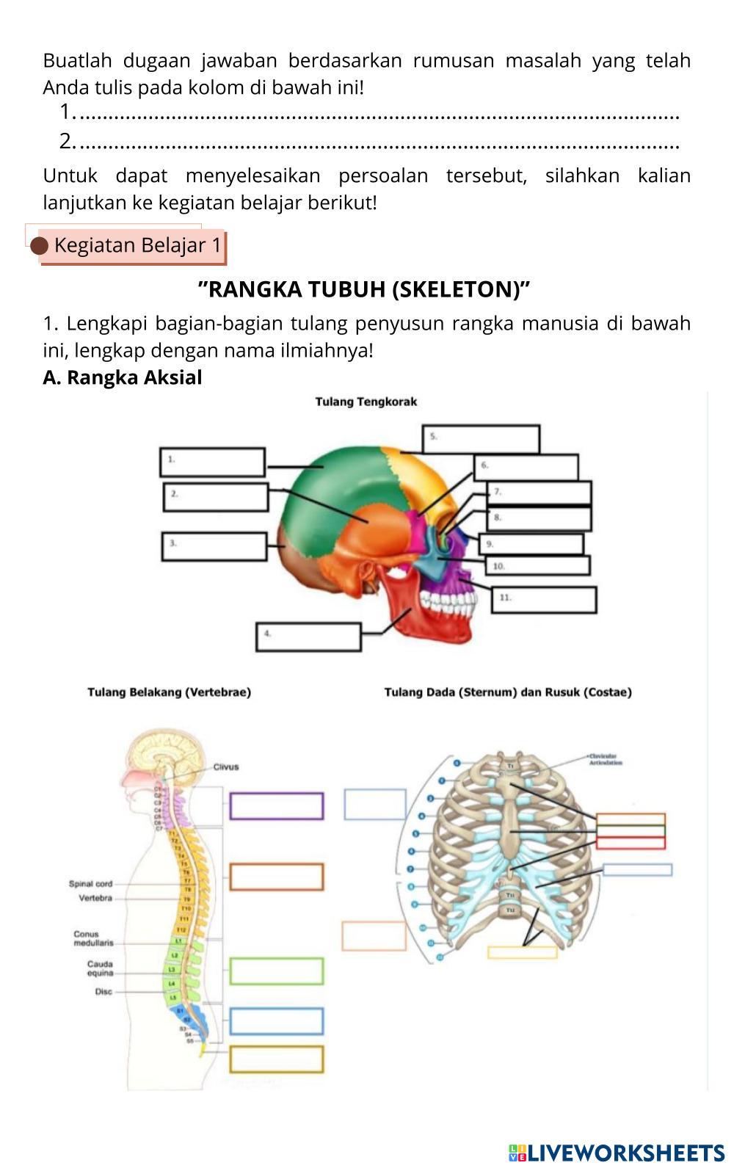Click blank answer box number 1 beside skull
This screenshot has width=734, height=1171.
[212, 463]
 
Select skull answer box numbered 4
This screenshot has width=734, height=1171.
[308, 637]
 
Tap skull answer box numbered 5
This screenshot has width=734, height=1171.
[481, 439]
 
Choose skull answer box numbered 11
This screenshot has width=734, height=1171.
[543, 600]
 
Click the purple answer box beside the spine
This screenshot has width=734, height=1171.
[277, 806]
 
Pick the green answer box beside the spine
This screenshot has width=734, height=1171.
[277, 971]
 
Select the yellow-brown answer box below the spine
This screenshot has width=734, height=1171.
[277, 1059]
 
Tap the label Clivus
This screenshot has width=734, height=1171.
[226, 767]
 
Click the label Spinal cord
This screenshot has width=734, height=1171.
[90, 884]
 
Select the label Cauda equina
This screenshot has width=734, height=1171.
[101, 968]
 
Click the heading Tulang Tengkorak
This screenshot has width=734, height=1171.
[366, 402]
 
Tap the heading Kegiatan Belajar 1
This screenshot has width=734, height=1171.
[137, 245]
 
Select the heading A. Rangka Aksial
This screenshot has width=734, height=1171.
[123, 377]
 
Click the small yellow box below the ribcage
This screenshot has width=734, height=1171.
[522, 952]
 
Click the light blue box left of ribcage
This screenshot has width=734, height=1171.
[375, 805]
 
